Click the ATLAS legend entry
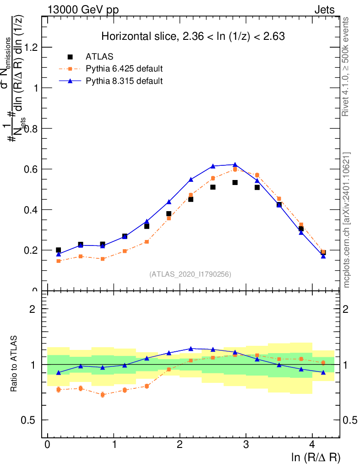[99, 57]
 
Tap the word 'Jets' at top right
[324, 10]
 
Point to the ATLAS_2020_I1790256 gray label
[190, 274]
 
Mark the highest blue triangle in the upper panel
[235, 164]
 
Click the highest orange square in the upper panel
[235, 169]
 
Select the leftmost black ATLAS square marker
[58, 250]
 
